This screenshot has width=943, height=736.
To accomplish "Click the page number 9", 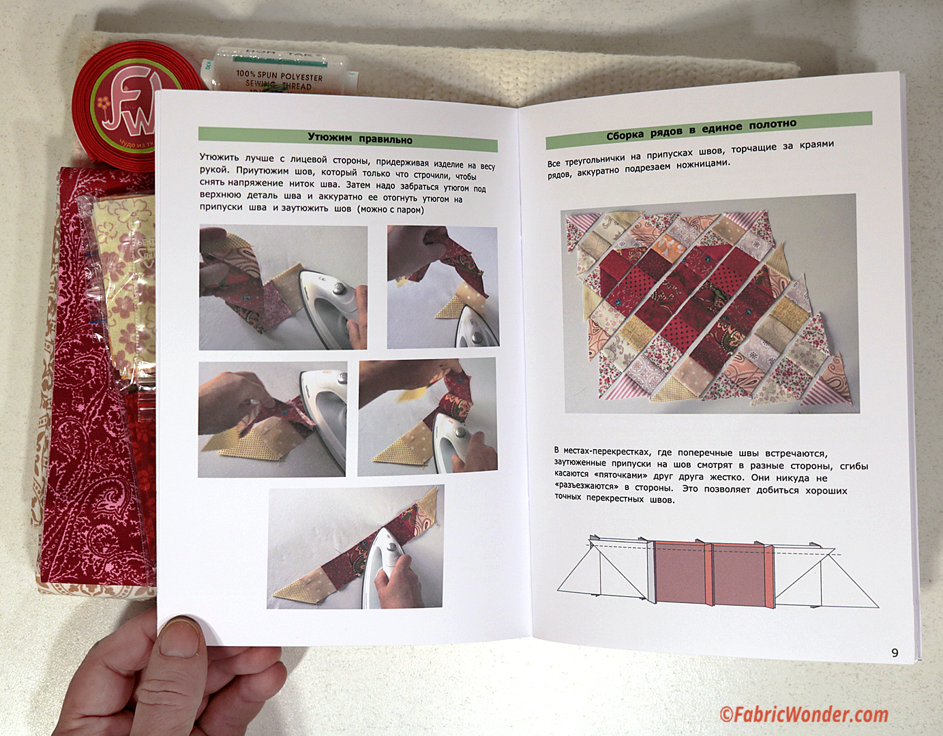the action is pos(895,665).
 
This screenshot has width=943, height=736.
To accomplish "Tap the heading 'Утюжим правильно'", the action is pos(360,139).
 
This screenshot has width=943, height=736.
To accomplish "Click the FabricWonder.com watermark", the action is pos(803,715).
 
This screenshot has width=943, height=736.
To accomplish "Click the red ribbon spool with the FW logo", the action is pos(130,115).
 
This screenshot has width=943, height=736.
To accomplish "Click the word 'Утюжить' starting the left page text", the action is pos(219,157).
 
